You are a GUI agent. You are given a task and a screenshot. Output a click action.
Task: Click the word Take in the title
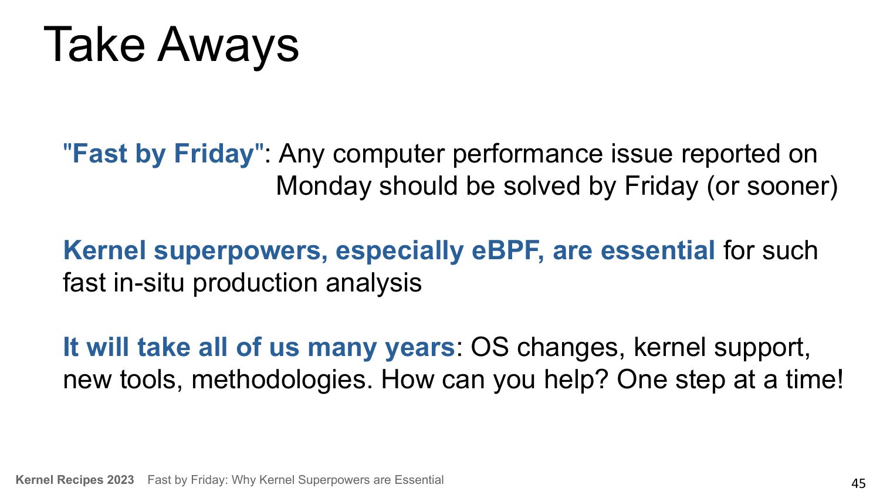point(94,44)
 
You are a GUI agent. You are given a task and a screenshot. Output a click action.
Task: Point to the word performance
point(527,155)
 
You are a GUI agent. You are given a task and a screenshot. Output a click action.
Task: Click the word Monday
point(323,187)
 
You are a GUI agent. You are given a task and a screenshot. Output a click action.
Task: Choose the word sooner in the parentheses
point(788,186)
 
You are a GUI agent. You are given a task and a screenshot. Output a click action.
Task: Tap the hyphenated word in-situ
point(149,283)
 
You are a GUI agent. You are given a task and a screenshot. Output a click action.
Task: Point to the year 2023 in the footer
point(121,480)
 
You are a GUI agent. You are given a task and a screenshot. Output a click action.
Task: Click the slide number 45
point(858,483)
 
